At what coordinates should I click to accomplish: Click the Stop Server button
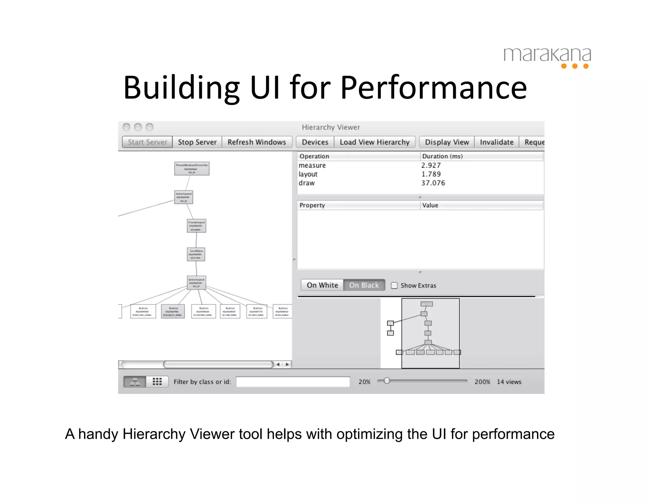pyautogui.click(x=197, y=142)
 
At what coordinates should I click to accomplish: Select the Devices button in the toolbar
pyautogui.click(x=315, y=142)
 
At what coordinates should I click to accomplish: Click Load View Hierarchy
pyautogui.click(x=375, y=142)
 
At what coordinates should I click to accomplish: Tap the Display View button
pyautogui.click(x=447, y=142)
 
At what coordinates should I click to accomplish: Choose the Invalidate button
pyautogui.click(x=496, y=142)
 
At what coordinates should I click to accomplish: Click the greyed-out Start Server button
pyautogui.click(x=147, y=142)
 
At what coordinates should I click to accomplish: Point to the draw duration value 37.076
pyautogui.click(x=433, y=183)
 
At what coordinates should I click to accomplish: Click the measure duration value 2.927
pyautogui.click(x=431, y=165)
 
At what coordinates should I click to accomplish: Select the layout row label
pyautogui.click(x=308, y=174)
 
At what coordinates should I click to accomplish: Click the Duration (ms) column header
pyautogui.click(x=442, y=156)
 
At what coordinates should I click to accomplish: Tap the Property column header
pyautogui.click(x=312, y=205)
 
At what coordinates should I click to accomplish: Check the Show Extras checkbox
pyautogui.click(x=394, y=285)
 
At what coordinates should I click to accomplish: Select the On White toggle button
pyautogui.click(x=322, y=285)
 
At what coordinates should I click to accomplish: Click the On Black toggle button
pyautogui.click(x=364, y=285)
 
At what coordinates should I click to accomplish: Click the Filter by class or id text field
pyautogui.click(x=293, y=382)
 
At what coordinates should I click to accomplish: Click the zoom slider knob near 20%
pyautogui.click(x=387, y=381)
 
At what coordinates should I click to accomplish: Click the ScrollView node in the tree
pyautogui.click(x=196, y=254)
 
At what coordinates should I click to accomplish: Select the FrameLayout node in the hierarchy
pyautogui.click(x=196, y=226)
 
